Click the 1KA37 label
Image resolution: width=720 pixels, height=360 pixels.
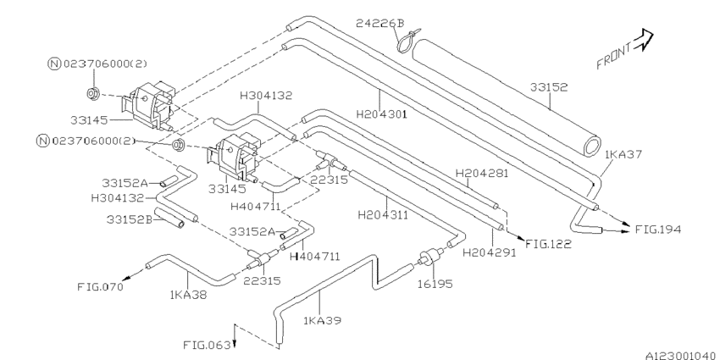622,154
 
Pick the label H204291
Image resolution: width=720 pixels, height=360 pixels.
488,252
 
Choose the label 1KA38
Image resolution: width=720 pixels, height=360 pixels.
188,296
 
